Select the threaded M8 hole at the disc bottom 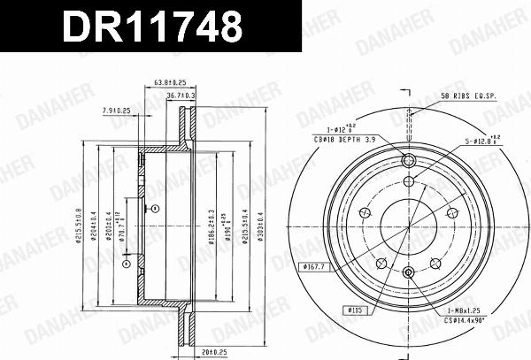point(409,274)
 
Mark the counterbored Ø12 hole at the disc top point(409,161)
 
